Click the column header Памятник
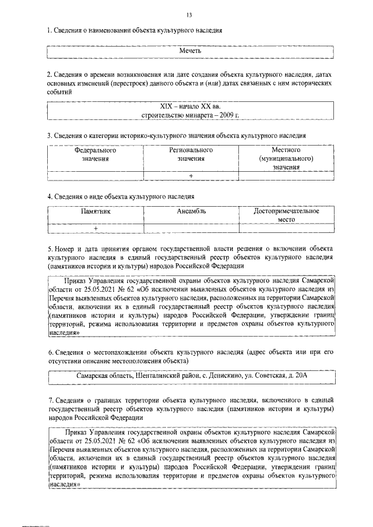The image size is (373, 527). (95, 211)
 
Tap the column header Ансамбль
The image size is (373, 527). (191, 211)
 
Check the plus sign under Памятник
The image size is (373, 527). (96, 229)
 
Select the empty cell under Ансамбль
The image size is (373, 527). (191, 229)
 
